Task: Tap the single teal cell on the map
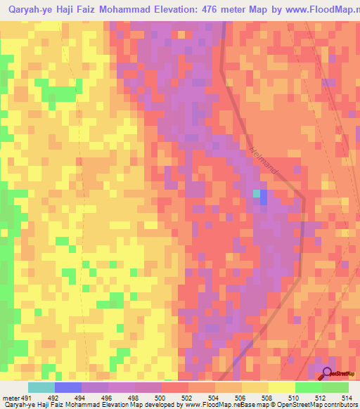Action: click(x=257, y=193)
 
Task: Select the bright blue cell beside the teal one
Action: click(x=264, y=198)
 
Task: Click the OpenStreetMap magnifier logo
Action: click(x=328, y=373)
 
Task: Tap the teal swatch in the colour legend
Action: click(x=41, y=387)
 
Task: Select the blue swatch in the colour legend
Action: click(x=67, y=387)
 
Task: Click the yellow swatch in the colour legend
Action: click(x=281, y=387)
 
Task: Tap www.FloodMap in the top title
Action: click(x=319, y=11)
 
